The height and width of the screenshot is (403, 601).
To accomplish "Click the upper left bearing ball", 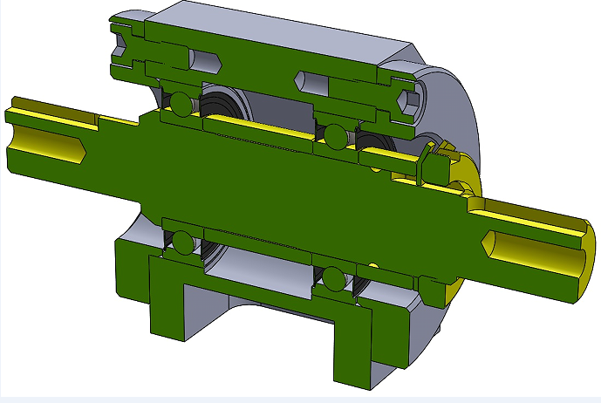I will [180, 102].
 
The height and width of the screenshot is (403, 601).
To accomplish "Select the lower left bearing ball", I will [181, 242].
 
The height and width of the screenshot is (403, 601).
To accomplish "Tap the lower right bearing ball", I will [333, 279].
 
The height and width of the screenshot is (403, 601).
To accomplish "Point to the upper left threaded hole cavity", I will [204, 62].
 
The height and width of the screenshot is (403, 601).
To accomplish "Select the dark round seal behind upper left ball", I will [222, 102].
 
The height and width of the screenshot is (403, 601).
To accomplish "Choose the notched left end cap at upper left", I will [126, 44].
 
